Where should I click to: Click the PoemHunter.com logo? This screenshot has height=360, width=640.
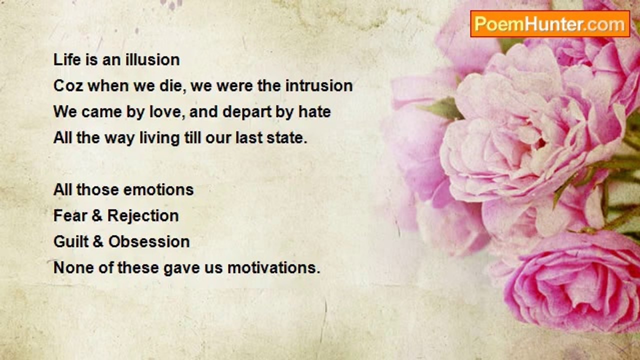[550, 24]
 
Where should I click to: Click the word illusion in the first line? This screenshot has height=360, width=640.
[152, 60]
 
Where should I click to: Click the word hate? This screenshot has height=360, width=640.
[314, 111]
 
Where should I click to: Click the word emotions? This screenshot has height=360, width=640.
[158, 189]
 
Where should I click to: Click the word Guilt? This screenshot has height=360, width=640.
[71, 241]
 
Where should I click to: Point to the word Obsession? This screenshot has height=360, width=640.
[149, 241]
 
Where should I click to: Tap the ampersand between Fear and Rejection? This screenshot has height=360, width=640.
[97, 215]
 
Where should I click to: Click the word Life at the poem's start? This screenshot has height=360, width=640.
[67, 60]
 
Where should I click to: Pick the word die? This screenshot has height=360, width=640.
[170, 86]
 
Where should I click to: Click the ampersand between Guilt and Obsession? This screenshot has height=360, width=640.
[97, 241]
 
